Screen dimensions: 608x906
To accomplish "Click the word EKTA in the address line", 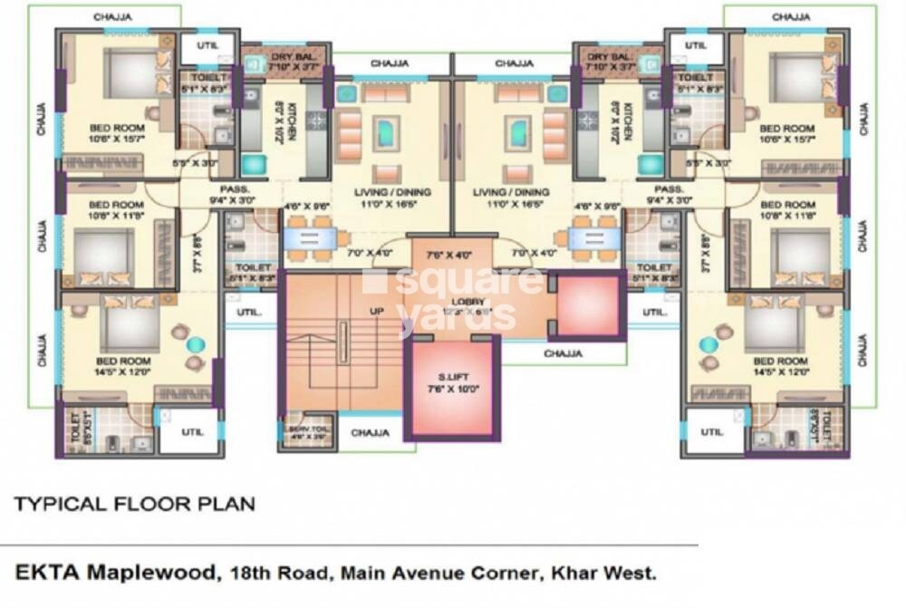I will click(x=43, y=574).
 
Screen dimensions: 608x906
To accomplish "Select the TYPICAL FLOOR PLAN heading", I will click(x=134, y=504).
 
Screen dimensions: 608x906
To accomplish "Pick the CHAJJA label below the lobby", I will click(x=563, y=353).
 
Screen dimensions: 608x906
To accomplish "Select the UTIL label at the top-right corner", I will click(x=695, y=44).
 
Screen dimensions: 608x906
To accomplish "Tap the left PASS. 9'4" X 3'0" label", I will click(x=233, y=194).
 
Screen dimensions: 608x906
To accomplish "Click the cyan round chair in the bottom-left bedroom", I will click(x=196, y=344).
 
